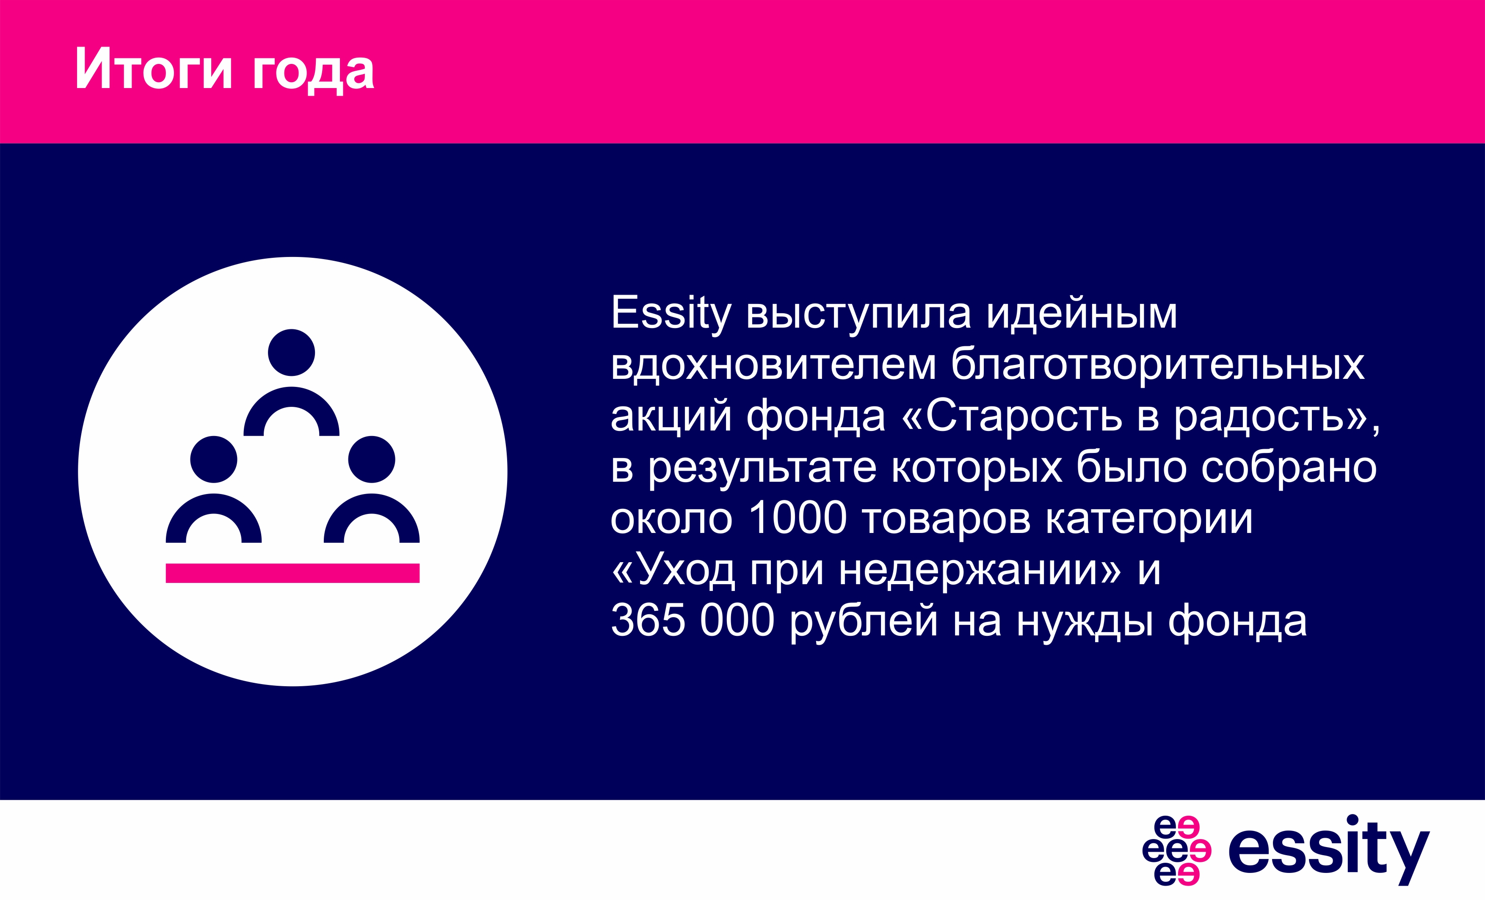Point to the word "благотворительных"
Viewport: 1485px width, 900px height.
(x=1158, y=365)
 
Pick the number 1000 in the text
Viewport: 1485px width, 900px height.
(x=798, y=519)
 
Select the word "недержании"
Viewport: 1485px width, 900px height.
(x=980, y=570)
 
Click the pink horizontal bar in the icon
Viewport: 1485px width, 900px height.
(x=292, y=573)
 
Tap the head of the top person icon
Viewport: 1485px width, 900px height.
(x=292, y=353)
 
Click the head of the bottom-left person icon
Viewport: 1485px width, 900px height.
(x=213, y=459)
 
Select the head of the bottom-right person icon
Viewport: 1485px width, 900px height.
(x=371, y=459)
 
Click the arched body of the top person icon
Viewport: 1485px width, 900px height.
(x=292, y=397)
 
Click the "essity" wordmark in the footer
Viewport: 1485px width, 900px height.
(x=1329, y=850)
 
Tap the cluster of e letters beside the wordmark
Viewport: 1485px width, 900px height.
(x=1176, y=850)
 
